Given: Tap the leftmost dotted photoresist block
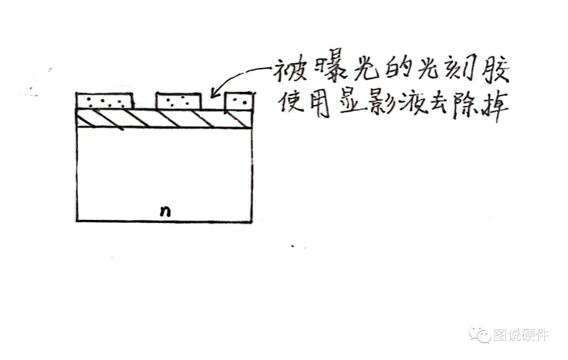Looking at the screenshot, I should tap(104, 100).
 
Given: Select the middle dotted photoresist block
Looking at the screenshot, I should tap(179, 100).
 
